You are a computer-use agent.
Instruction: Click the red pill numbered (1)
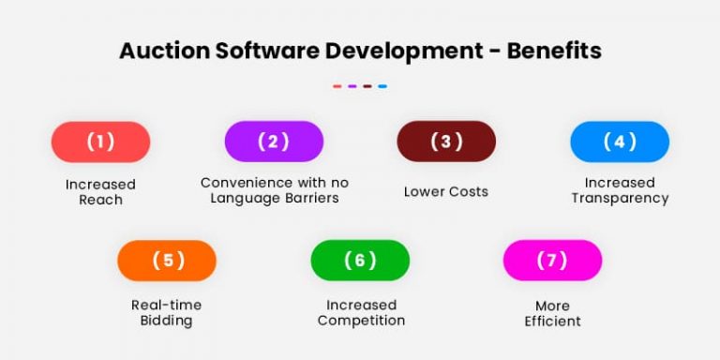tap(100, 142)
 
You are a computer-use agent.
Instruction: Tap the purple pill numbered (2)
tap(274, 142)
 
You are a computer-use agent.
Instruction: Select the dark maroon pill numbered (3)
tap(446, 142)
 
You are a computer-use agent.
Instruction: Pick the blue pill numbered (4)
tap(620, 142)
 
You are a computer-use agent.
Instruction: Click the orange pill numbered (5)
tap(167, 261)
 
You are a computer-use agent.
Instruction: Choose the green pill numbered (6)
tap(360, 261)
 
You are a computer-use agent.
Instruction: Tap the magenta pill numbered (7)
tap(552, 261)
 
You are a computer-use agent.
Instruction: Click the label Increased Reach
tap(100, 191)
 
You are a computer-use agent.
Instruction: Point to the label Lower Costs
tap(446, 191)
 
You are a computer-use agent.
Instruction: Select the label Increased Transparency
tap(620, 190)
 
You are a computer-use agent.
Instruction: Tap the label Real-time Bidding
tap(166, 312)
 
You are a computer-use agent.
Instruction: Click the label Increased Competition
tap(361, 312)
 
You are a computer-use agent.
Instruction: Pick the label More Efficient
tap(552, 313)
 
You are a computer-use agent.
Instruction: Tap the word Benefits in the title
tap(554, 51)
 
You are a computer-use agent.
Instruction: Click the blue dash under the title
tap(382, 86)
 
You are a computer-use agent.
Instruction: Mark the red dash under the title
tap(337, 86)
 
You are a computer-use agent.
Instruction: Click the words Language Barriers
tap(275, 198)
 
